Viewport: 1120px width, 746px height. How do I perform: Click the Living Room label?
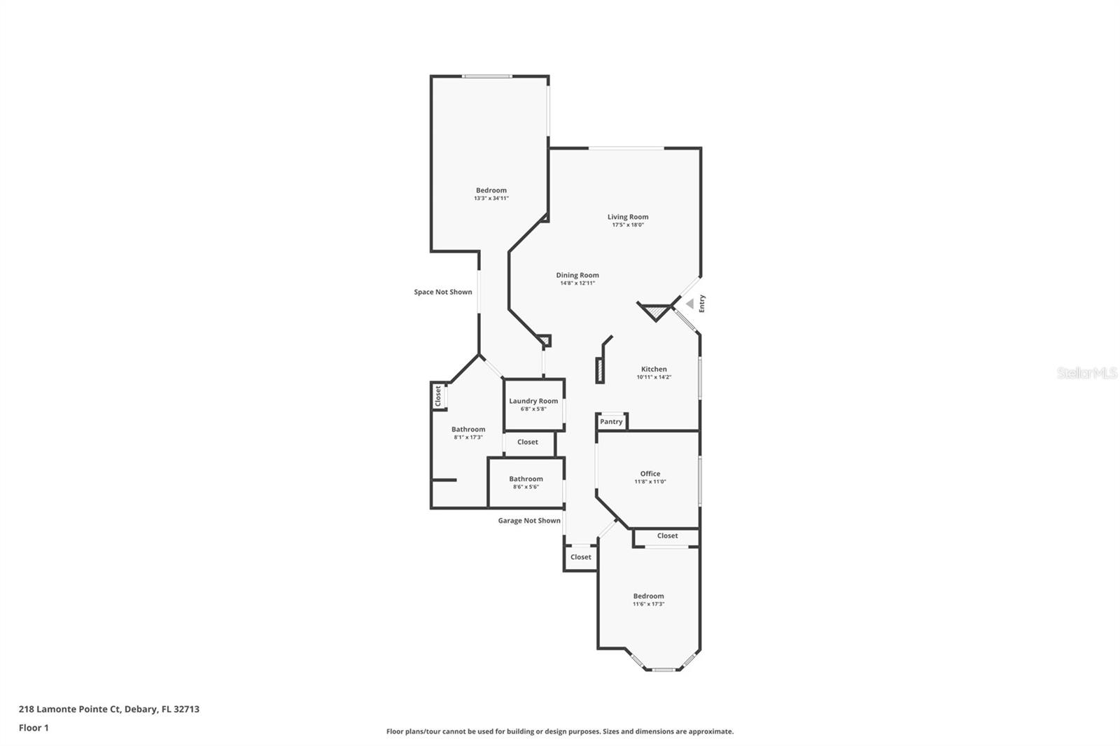pyautogui.click(x=628, y=217)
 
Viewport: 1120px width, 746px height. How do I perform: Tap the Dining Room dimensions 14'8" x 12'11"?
pyautogui.click(x=577, y=283)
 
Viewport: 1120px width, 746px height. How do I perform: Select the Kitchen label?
pyautogui.click(x=654, y=369)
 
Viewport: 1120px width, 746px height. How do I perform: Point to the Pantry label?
pyautogui.click(x=611, y=422)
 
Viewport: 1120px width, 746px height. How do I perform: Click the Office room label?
pyautogui.click(x=650, y=474)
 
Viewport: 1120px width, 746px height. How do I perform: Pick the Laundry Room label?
pyautogui.click(x=533, y=401)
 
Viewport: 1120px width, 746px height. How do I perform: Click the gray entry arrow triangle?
pyautogui.click(x=689, y=304)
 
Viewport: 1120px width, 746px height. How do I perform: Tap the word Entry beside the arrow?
pyautogui.click(x=702, y=303)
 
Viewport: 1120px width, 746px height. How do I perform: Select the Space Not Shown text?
pyautogui.click(x=442, y=292)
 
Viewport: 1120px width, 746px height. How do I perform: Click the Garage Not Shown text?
pyautogui.click(x=529, y=521)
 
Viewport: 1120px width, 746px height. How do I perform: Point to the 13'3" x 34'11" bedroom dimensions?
pyautogui.click(x=491, y=199)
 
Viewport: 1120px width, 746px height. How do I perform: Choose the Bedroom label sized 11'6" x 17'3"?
pyautogui.click(x=648, y=596)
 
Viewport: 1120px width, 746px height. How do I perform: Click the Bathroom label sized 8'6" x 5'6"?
pyautogui.click(x=526, y=479)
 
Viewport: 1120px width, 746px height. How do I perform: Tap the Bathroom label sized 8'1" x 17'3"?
pyautogui.click(x=468, y=429)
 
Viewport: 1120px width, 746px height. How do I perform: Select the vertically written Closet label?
pyautogui.click(x=438, y=396)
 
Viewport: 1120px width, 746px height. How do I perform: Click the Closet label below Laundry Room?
pyautogui.click(x=528, y=442)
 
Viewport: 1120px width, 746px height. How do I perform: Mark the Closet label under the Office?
pyautogui.click(x=667, y=536)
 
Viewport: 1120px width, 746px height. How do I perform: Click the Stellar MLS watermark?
pyautogui.click(x=1086, y=374)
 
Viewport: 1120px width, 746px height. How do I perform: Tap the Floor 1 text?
pyautogui.click(x=34, y=728)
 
